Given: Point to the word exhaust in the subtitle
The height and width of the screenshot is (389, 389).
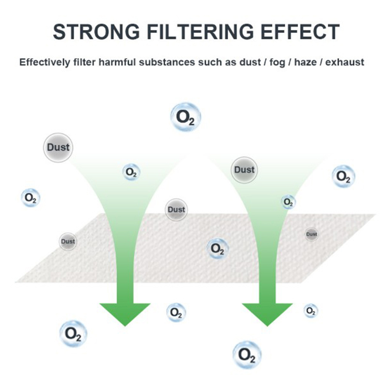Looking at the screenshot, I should pyautogui.click(x=345, y=62).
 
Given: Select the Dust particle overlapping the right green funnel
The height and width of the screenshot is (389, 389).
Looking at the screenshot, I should pyautogui.click(x=244, y=170).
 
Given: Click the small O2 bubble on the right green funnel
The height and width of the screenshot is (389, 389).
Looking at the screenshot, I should pyautogui.click(x=288, y=202).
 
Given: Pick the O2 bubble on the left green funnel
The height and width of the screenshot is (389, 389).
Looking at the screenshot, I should pyautogui.click(x=131, y=172).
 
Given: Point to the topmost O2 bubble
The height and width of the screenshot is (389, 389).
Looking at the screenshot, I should pyautogui.click(x=186, y=116).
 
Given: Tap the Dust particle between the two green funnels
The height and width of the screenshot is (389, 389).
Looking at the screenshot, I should pyautogui.click(x=176, y=210).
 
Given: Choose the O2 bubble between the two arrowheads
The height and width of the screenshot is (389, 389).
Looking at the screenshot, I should pyautogui.click(x=176, y=313).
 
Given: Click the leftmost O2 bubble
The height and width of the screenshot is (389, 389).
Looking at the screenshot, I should pyautogui.click(x=30, y=198).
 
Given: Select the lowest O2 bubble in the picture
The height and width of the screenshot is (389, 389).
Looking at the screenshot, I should pyautogui.click(x=247, y=354).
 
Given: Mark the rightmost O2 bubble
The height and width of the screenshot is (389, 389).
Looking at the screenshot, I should pyautogui.click(x=343, y=177).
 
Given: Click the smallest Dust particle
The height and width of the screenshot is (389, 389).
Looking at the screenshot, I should pyautogui.click(x=311, y=234).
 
